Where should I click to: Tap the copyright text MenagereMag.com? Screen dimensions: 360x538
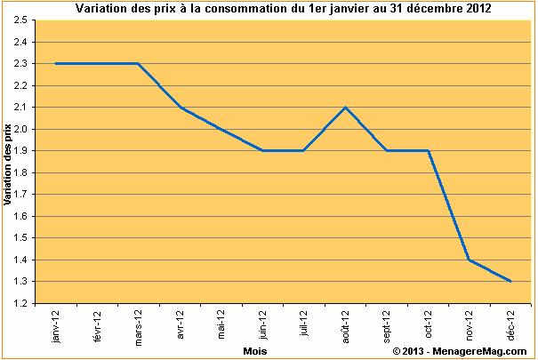tap(461, 352)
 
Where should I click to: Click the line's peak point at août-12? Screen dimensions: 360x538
tap(345, 108)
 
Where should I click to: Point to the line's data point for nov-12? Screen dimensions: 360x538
tap(470, 260)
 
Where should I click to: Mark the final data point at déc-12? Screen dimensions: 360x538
tap(511, 281)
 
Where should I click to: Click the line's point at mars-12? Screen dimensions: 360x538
tap(138, 63)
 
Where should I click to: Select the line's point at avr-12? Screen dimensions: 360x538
tap(180, 108)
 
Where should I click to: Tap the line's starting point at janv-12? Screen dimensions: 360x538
tap(55, 63)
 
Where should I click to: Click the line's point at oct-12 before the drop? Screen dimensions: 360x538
tap(429, 150)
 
